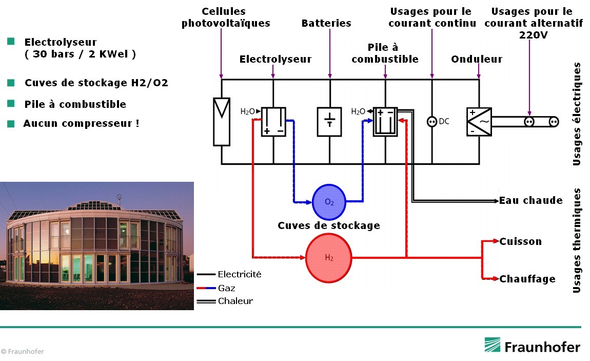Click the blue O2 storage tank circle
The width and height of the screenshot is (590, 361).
click(329, 201)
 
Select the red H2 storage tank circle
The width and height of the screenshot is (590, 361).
click(328, 258)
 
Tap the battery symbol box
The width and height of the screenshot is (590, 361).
click(329, 122)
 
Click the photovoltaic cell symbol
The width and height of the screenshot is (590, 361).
click(222, 122)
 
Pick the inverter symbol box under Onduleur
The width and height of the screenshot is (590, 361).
click(479, 122)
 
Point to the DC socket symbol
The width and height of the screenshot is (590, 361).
click(431, 122)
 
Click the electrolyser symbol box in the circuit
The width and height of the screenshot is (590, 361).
click(273, 122)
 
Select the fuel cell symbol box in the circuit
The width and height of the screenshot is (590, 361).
click(385, 122)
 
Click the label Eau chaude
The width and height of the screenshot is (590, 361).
click(530, 200)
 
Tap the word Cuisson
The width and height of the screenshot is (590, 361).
click(520, 241)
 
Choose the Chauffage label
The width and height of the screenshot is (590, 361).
click(527, 279)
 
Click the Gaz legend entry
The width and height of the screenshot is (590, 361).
click(226, 288)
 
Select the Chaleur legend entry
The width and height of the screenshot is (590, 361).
click(235, 301)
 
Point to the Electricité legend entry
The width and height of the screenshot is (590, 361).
click(239, 274)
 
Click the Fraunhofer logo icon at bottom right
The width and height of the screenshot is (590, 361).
click(493, 345)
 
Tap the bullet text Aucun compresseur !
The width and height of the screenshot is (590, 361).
click(81, 124)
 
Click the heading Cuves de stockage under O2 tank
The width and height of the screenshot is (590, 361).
click(328, 225)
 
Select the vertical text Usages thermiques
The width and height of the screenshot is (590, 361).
click(577, 240)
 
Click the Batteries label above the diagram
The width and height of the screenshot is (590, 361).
click(326, 23)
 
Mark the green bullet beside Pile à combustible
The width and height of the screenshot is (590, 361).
click(11, 104)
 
